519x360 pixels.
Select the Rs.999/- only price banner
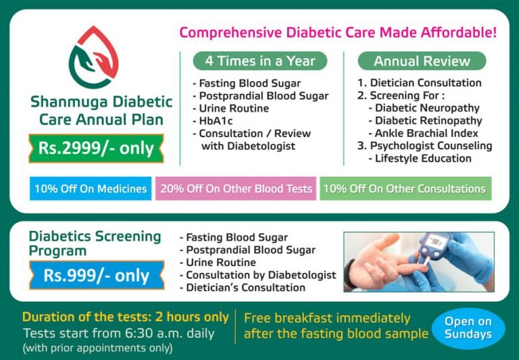point(97,275)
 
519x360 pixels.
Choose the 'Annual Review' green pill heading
point(422,61)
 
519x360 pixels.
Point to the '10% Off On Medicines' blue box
point(91,189)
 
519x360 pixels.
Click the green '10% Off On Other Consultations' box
point(405,189)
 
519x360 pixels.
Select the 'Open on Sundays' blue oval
point(468,328)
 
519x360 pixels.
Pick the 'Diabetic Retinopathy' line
point(428,121)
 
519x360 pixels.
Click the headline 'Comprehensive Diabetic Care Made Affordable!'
point(338,32)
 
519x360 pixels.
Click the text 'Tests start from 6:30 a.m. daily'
point(118,333)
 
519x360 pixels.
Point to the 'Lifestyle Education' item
point(423,159)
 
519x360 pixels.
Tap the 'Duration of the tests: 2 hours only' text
point(125,317)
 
